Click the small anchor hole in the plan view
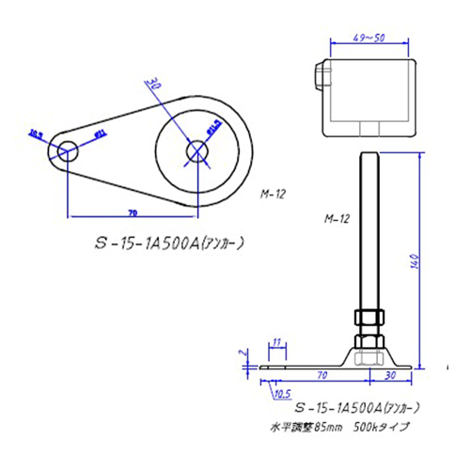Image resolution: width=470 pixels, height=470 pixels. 66,150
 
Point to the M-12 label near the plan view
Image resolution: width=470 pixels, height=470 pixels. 273,195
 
